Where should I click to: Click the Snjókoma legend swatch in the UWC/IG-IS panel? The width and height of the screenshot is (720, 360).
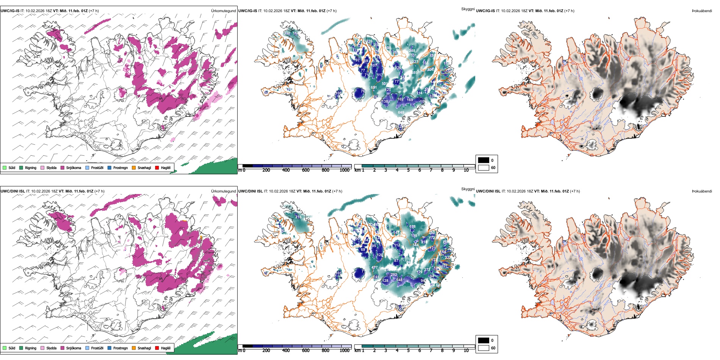62,167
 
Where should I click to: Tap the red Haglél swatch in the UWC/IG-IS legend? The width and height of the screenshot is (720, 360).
157,167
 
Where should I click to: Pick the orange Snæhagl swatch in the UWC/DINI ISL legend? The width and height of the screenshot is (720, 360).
134,348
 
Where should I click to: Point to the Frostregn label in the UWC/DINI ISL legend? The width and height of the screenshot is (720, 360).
120,348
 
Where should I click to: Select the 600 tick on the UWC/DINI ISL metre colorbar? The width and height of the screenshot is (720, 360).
306,351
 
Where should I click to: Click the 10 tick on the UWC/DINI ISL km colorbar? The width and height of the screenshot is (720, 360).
466,351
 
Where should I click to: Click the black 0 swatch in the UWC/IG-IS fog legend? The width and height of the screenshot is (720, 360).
484,160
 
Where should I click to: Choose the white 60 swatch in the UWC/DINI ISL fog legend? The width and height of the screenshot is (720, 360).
484,347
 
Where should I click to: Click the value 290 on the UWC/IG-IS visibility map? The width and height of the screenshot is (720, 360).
287,33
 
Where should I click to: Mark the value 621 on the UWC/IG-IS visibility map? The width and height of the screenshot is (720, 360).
374,88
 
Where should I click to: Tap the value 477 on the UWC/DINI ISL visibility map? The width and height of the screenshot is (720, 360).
374,268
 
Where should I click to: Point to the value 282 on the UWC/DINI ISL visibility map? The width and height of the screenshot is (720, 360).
394,275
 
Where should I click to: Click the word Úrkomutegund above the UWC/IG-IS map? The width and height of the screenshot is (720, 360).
223,11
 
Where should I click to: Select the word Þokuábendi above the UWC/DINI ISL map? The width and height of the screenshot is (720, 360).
702,191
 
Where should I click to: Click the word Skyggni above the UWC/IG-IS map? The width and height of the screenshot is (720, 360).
468,9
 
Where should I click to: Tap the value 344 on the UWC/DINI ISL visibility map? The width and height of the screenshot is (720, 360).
415,245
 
